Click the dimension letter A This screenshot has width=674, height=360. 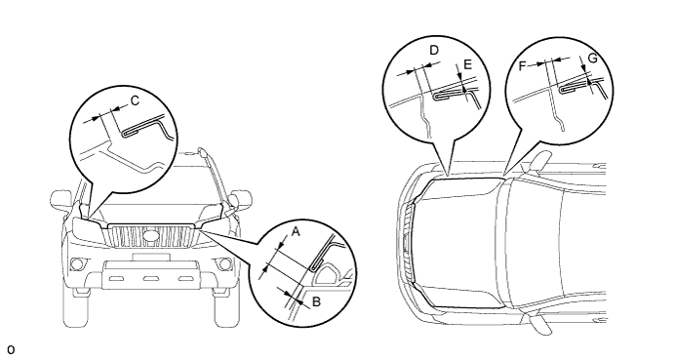point(296,232)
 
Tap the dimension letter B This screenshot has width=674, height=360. point(316,301)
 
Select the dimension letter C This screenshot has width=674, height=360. point(135,100)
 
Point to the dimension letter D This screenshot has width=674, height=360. point(434,51)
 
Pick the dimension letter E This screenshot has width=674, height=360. point(467,64)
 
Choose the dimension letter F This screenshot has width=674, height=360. point(522,65)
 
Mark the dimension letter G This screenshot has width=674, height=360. point(592,59)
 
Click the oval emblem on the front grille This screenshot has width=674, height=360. point(150,236)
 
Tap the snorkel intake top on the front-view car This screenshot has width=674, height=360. point(202,152)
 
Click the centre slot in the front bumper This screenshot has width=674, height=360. point(150,279)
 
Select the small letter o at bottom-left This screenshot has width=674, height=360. point(11,349)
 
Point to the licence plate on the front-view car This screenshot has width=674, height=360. point(151,257)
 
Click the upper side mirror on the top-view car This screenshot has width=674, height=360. point(539,162)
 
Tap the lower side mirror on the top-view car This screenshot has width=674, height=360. point(540,324)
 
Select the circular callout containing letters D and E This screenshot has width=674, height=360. point(436,90)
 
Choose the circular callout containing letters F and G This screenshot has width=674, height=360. point(559,91)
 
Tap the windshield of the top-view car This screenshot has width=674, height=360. point(531,243)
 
